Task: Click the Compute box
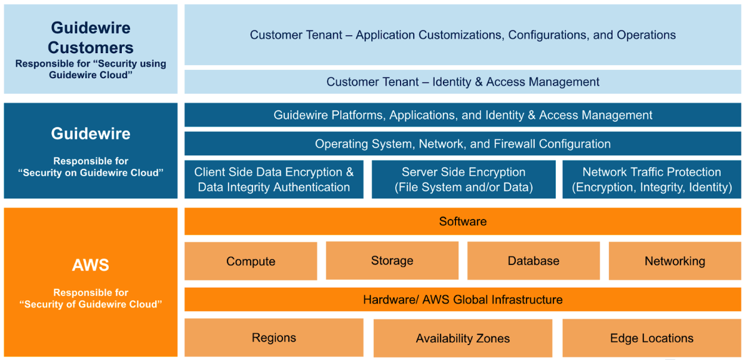click(251, 261)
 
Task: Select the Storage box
click(392, 261)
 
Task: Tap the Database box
click(534, 261)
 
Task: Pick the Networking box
click(675, 261)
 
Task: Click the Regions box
click(274, 338)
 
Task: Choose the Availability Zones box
click(463, 339)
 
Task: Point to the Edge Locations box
click(652, 338)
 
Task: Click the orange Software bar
click(463, 221)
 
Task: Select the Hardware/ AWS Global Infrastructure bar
click(463, 300)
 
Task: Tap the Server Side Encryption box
click(463, 179)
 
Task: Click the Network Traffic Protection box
click(652, 179)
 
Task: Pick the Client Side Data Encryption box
click(274, 179)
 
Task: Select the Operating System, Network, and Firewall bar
click(463, 144)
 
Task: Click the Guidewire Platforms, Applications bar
click(463, 115)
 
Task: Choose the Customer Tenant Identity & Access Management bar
click(463, 82)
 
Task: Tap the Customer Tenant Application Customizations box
click(463, 35)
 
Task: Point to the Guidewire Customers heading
click(91, 38)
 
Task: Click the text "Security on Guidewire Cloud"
click(91, 173)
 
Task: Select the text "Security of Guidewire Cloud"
click(91, 304)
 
